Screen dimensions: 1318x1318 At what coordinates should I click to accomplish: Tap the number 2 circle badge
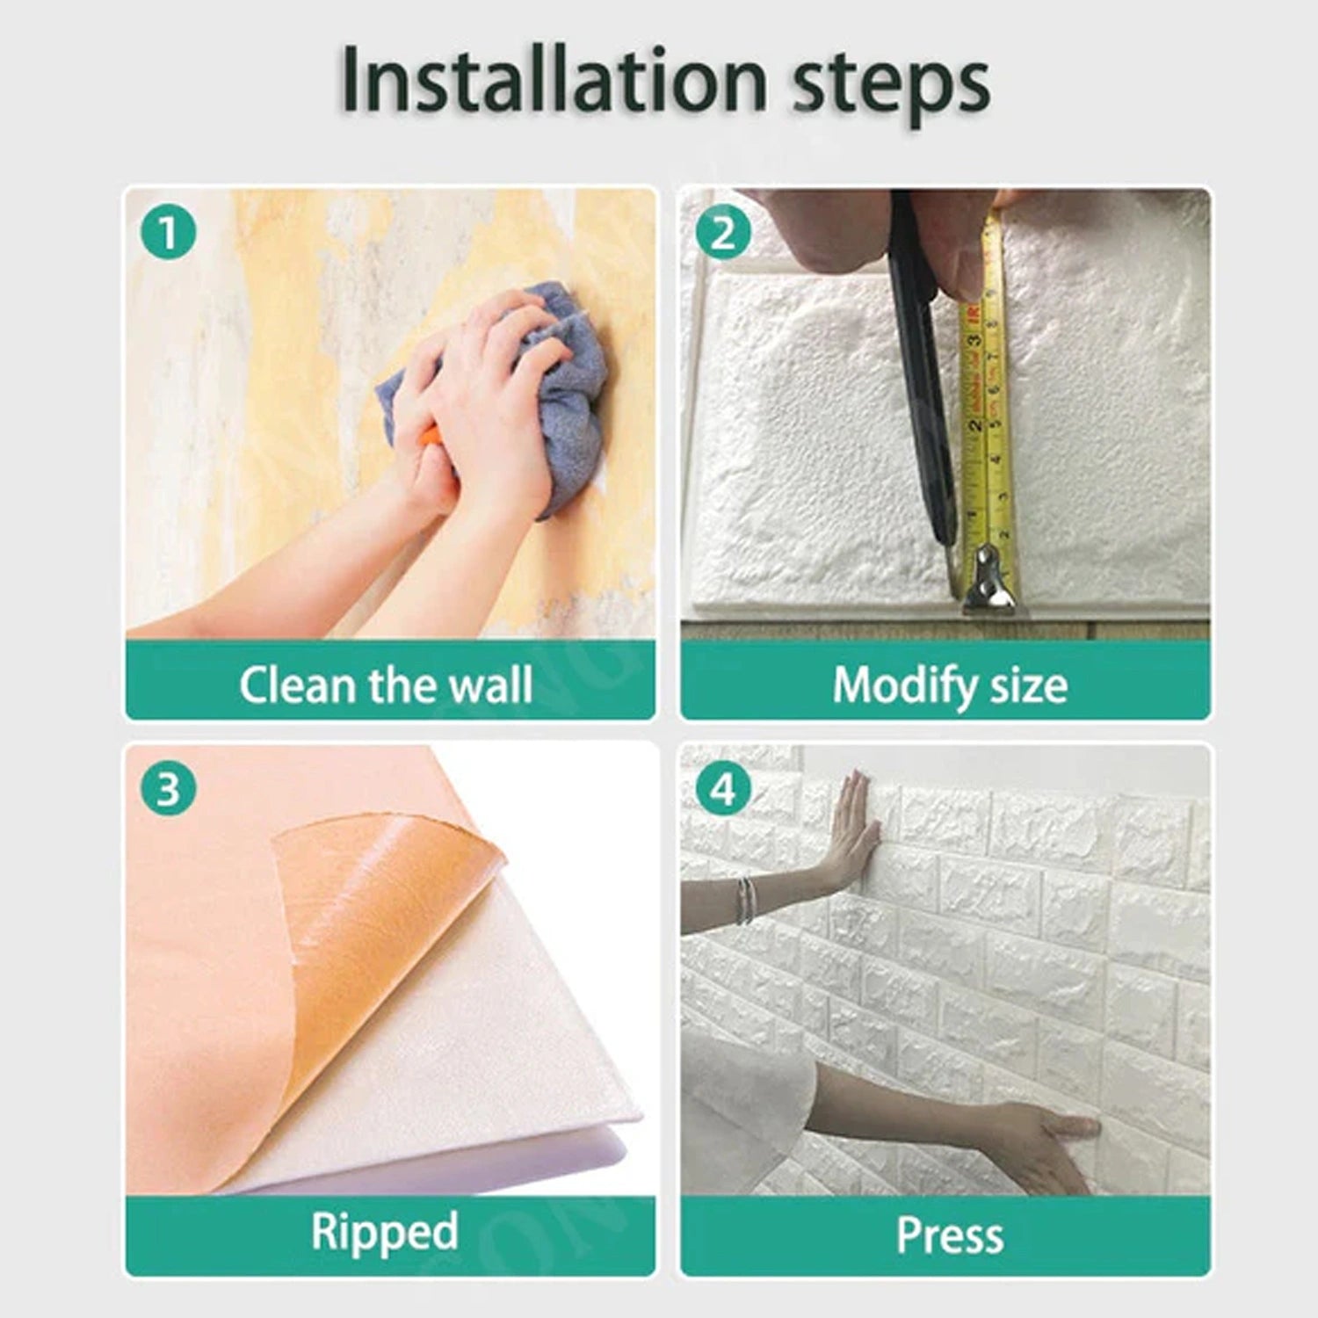point(722,233)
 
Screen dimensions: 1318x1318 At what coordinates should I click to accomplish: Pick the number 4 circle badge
point(722,788)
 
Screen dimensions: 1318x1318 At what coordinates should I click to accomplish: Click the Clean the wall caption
point(386,684)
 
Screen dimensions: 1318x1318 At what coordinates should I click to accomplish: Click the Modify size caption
point(949,684)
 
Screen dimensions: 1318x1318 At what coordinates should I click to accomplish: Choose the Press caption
point(949,1235)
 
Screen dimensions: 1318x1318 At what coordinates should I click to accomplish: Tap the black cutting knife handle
point(918,351)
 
